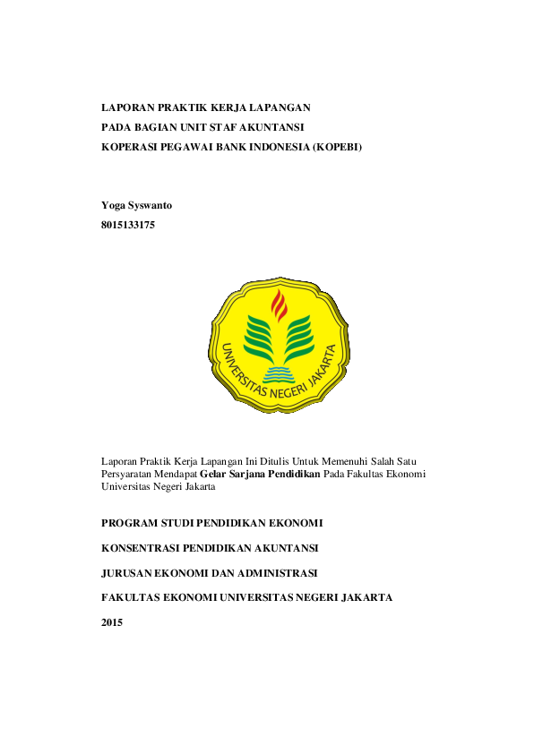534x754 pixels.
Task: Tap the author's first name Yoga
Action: click(113, 206)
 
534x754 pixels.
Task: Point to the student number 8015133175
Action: click(128, 226)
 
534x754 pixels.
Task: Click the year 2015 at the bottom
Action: click(112, 621)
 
